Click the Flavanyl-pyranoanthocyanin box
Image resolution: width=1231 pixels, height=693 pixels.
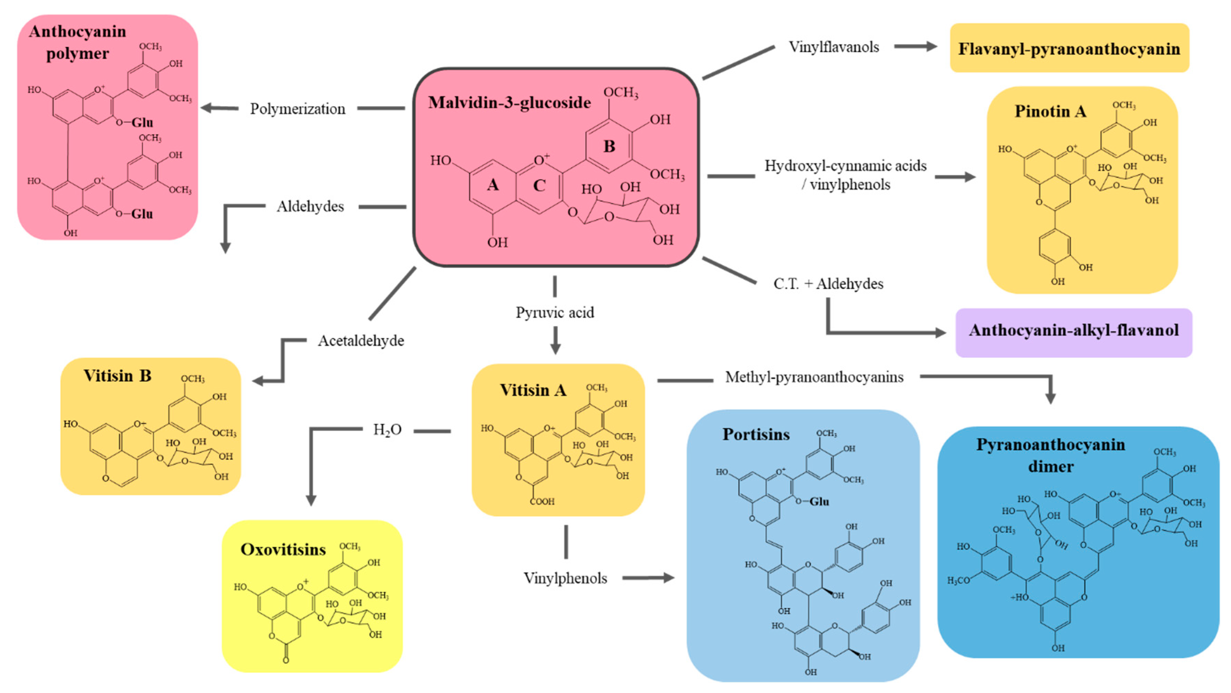pyautogui.click(x=1069, y=48)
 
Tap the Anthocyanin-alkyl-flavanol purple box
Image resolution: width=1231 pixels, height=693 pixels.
pyautogui.click(x=1073, y=330)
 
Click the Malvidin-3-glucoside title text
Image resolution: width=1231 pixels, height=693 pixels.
pyautogui.click(x=509, y=103)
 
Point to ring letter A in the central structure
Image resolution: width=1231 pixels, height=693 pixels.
pyautogui.click(x=493, y=185)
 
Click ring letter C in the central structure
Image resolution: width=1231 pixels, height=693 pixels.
pyautogui.click(x=539, y=185)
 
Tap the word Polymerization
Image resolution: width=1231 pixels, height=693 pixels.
pyautogui.click(x=297, y=109)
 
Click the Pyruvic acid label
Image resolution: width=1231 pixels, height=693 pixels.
pyautogui.click(x=554, y=312)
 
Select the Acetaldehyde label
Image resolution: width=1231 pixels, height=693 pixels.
pyautogui.click(x=361, y=341)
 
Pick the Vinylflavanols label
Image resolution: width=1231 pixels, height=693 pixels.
pyautogui.click(x=833, y=47)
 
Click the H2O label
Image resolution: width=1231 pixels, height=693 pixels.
pyautogui.click(x=387, y=430)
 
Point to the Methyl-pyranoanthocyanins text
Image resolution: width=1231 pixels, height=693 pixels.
pyautogui.click(x=814, y=377)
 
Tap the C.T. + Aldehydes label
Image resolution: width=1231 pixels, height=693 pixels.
pyautogui.click(x=828, y=284)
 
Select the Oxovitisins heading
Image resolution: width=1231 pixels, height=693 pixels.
pyautogui.click(x=283, y=550)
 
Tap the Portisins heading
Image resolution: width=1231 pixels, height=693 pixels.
pyautogui.click(x=756, y=434)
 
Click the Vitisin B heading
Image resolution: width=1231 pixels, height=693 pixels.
pyautogui.click(x=117, y=376)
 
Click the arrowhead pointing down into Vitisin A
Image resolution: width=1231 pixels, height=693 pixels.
pyautogui.click(x=555, y=349)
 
